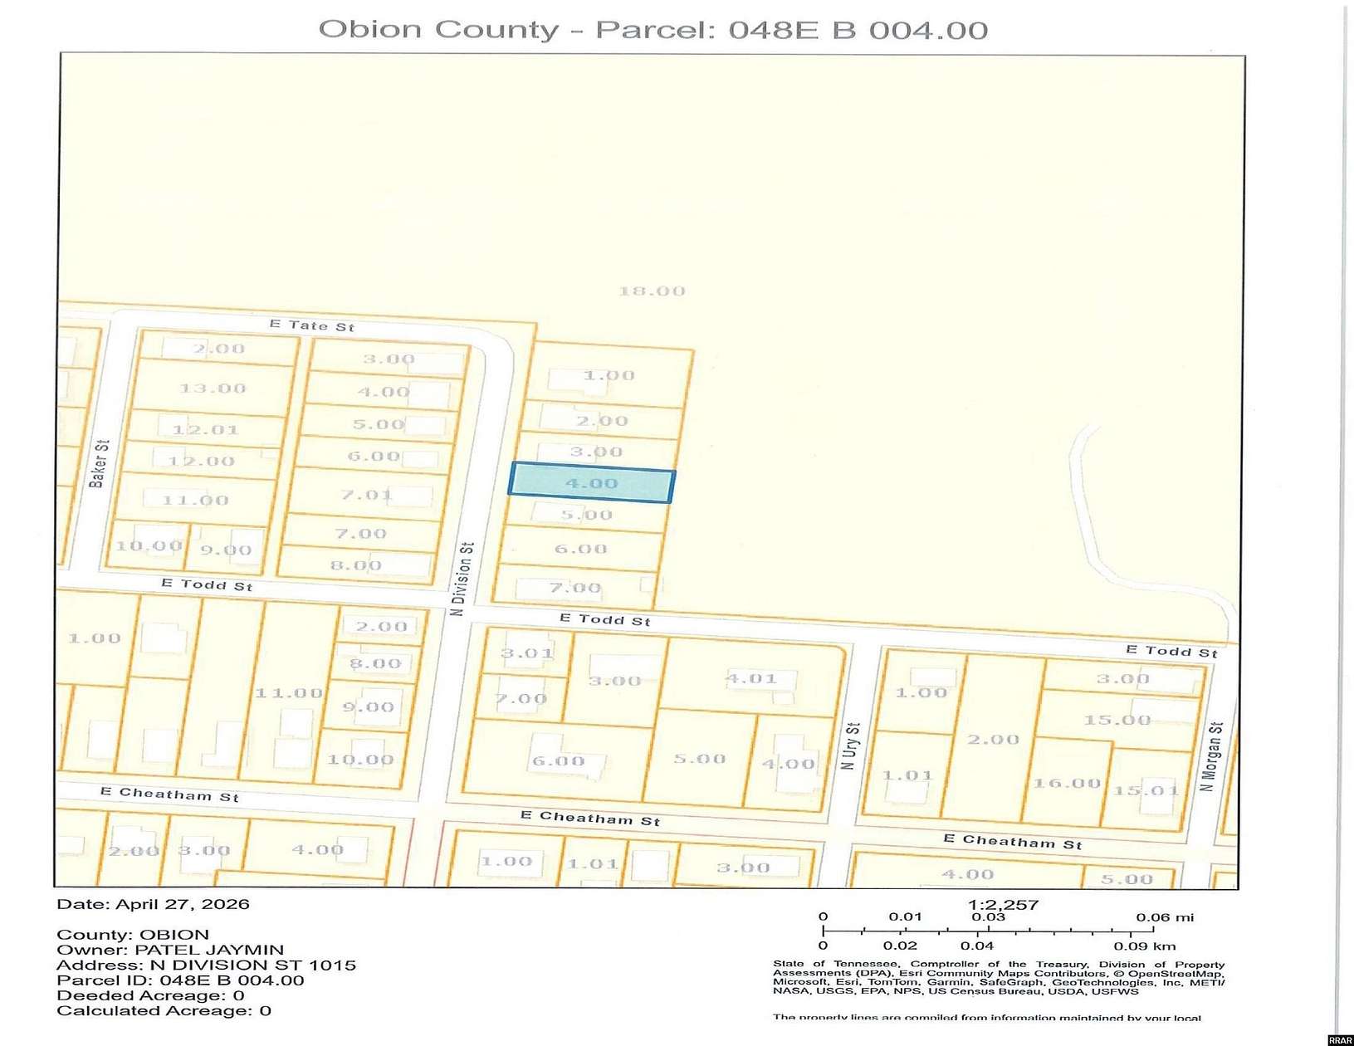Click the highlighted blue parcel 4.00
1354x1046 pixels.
coord(591,484)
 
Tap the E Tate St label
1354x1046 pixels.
coord(311,325)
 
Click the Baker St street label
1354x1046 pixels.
coord(98,464)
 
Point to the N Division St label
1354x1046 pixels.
coord(462,579)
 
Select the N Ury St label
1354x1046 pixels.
coord(850,745)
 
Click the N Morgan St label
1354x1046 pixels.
coord(1212,755)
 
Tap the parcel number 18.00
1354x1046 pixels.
coord(652,291)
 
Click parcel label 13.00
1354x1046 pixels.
coord(213,389)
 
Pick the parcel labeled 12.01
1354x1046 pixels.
coord(205,430)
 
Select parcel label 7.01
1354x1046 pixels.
coord(366,495)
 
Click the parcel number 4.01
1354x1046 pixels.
coord(750,678)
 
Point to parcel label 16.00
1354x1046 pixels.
coord(1067,783)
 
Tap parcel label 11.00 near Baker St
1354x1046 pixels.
coord(195,501)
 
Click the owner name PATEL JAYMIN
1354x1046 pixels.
coord(209,950)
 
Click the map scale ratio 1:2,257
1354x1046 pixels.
coord(1003,905)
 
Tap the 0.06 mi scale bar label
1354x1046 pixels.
coord(1164,917)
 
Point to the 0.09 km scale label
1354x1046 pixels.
coord(1145,946)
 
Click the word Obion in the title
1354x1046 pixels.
coord(359,30)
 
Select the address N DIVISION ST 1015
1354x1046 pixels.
coord(252,965)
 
